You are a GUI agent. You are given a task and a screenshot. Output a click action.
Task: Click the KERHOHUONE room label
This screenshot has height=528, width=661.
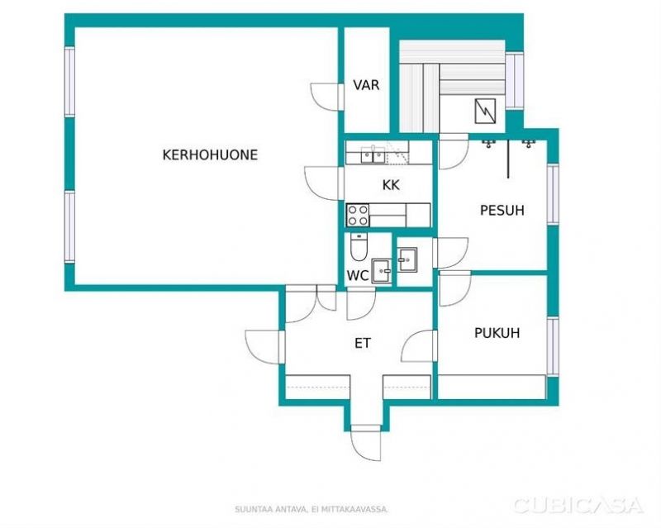pos(210,155)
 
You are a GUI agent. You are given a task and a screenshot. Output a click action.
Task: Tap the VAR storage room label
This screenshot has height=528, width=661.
pos(366,85)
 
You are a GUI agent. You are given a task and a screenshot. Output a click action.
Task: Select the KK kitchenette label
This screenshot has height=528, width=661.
pos(391,185)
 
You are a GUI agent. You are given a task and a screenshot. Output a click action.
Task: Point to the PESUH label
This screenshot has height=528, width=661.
pos(502,210)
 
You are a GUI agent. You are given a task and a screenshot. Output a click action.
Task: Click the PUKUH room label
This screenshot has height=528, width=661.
pos(497,333)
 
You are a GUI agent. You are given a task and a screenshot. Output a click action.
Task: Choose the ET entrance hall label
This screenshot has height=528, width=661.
pos(363,343)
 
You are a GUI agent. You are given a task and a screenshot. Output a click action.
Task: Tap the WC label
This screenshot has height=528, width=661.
pos(358,276)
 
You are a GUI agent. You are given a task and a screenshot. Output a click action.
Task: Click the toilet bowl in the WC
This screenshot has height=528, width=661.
pos(359,247)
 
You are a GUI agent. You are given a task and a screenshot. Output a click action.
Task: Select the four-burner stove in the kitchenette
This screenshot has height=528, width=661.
pos(358,215)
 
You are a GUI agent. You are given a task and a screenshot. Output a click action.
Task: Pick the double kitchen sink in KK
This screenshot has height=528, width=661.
pos(373,155)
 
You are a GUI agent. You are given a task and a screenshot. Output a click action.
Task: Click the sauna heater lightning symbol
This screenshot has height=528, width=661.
pos(485,111)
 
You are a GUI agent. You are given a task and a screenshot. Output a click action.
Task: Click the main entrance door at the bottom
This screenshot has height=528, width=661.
pos(365,443)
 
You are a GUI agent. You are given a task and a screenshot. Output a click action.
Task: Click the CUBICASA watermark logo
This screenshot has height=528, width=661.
pos(578,505)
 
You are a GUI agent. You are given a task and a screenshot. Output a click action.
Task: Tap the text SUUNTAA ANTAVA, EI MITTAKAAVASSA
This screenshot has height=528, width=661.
pos(311,510)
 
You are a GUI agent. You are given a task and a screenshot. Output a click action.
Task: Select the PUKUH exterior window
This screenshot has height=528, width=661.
pos(553,345)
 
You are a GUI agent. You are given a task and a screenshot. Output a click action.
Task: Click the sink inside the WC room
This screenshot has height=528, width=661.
pos(382,271)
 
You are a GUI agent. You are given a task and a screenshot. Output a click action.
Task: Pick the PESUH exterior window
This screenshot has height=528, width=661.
pos(553,193)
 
